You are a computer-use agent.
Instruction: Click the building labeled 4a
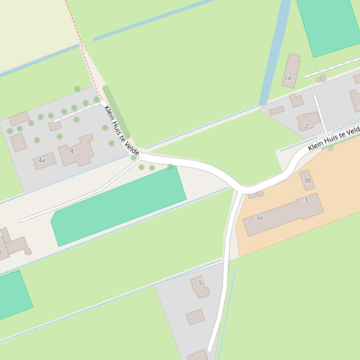coord(45,161)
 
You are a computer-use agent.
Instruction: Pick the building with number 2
coord(308,121)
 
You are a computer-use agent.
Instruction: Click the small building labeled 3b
coord(307,180)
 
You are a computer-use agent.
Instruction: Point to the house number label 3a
coord(259,218)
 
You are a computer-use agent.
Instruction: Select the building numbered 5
coord(200,286)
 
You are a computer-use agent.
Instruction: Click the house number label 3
coord(306,201)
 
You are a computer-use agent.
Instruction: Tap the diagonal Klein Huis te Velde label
coord(122,130)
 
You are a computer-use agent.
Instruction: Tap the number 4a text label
coord(42,160)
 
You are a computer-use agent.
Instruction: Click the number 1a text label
coord(287,78)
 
